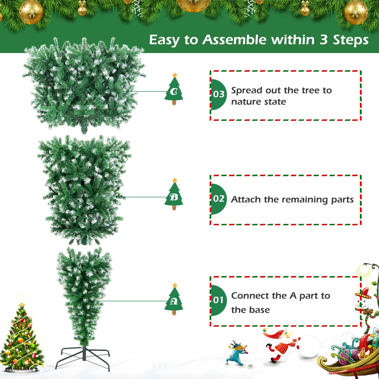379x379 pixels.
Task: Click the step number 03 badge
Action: (218, 94)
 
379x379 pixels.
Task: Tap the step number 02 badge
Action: (218, 199)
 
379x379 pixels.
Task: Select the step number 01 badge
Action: (218, 300)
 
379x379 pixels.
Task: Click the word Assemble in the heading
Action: (234, 40)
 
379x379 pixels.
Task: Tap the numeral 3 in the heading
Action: (324, 40)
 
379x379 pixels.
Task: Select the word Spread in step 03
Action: (247, 91)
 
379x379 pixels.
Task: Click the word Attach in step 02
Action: (246, 199)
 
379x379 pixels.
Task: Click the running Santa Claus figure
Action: (282, 345)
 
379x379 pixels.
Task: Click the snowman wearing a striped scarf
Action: (364, 308)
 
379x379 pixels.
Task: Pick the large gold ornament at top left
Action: (31, 12)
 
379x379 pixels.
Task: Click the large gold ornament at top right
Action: (356, 12)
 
